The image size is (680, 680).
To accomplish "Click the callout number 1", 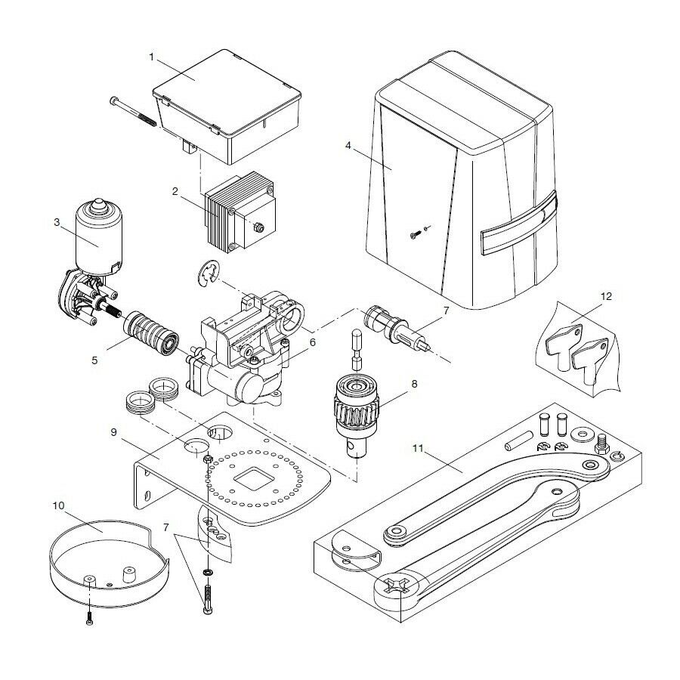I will [x=152, y=57].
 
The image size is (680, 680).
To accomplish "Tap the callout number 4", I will [x=348, y=147].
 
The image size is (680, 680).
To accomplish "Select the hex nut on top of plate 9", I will [x=207, y=459].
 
